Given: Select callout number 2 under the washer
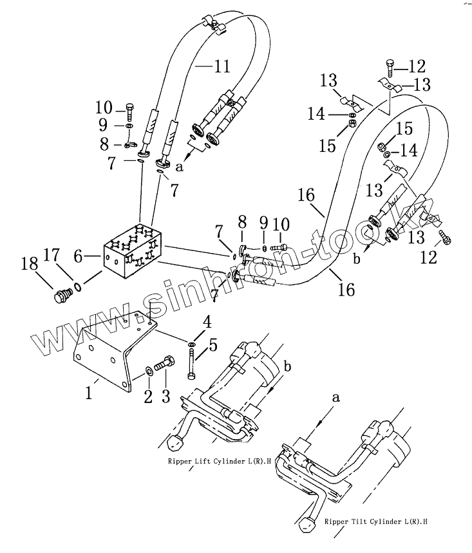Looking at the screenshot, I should [x=148, y=397].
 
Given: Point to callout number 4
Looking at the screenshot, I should [x=206, y=320].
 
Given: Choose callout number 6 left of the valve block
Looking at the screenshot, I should [x=78, y=257].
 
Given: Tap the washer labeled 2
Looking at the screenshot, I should [x=148, y=370].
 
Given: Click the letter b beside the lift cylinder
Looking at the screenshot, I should [x=287, y=367].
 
